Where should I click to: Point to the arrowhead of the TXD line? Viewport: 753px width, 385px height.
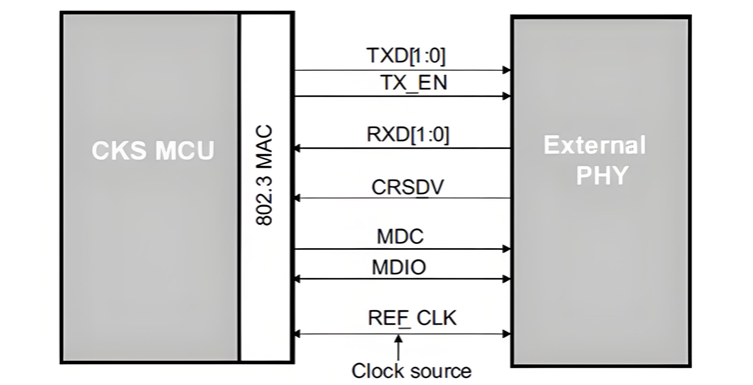[x=506, y=71]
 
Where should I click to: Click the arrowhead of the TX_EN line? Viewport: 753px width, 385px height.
[x=506, y=97]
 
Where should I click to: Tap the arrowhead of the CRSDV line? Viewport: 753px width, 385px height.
[x=299, y=198]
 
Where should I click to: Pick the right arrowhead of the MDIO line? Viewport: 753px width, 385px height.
[x=506, y=280]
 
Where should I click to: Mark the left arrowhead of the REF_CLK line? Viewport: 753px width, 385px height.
[x=299, y=334]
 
